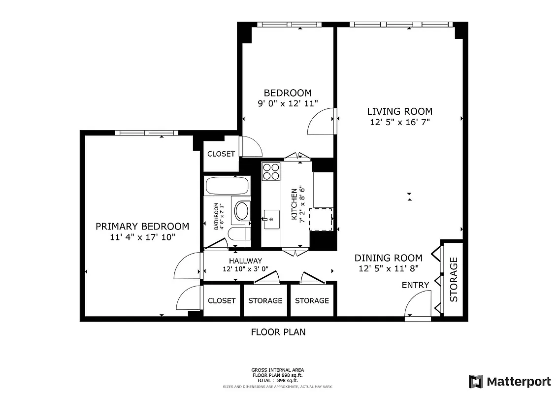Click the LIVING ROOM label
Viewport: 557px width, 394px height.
pyautogui.click(x=400, y=111)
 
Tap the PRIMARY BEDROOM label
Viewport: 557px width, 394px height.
pyautogui.click(x=142, y=226)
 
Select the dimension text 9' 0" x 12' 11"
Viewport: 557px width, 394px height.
pyautogui.click(x=288, y=103)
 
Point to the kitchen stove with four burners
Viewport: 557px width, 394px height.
pyautogui.click(x=270, y=171)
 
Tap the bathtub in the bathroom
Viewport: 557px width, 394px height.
pyautogui.click(x=227, y=186)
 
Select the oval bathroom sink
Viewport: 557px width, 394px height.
pyautogui.click(x=241, y=211)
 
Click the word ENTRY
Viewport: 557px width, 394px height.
pyautogui.click(x=415, y=285)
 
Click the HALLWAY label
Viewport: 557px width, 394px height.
pyautogui.click(x=245, y=261)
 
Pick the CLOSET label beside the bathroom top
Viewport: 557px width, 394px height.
pyautogui.click(x=221, y=154)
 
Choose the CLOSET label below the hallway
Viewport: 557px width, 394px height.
pyautogui.click(x=222, y=300)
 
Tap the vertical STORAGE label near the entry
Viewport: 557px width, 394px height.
pyautogui.click(x=454, y=279)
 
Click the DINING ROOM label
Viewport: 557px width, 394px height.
pyautogui.click(x=389, y=258)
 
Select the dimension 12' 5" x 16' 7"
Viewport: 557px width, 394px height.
pyautogui.click(x=400, y=122)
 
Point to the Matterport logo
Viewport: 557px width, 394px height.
pyautogui.click(x=510, y=381)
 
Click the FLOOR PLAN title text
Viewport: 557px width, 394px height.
pyautogui.click(x=278, y=332)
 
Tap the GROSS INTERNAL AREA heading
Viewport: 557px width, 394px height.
pyautogui.click(x=278, y=370)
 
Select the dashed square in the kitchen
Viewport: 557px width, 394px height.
pyautogui.click(x=320, y=219)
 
